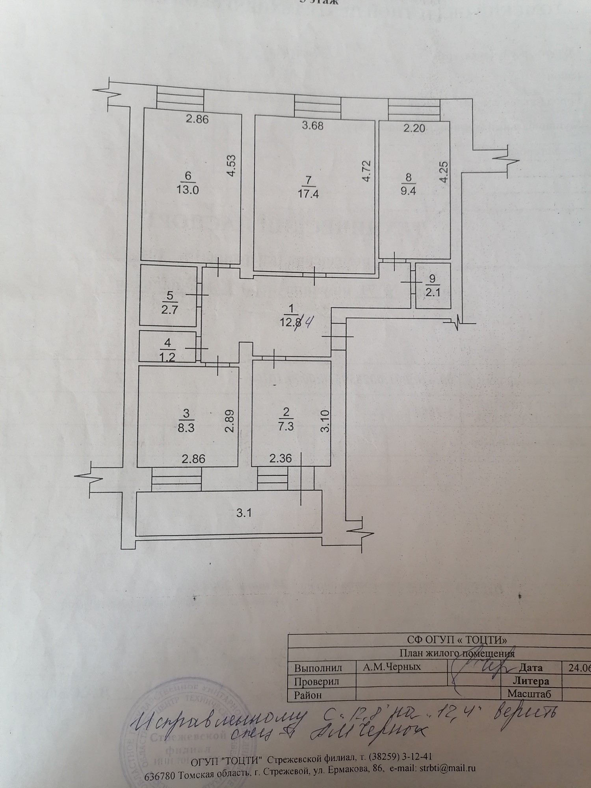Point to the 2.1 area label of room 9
[433, 292]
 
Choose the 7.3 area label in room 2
[286, 426]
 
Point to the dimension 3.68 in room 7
[312, 126]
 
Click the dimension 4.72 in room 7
[367, 171]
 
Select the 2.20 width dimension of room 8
[414, 128]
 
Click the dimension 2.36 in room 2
[280, 459]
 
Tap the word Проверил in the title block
[317, 681]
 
